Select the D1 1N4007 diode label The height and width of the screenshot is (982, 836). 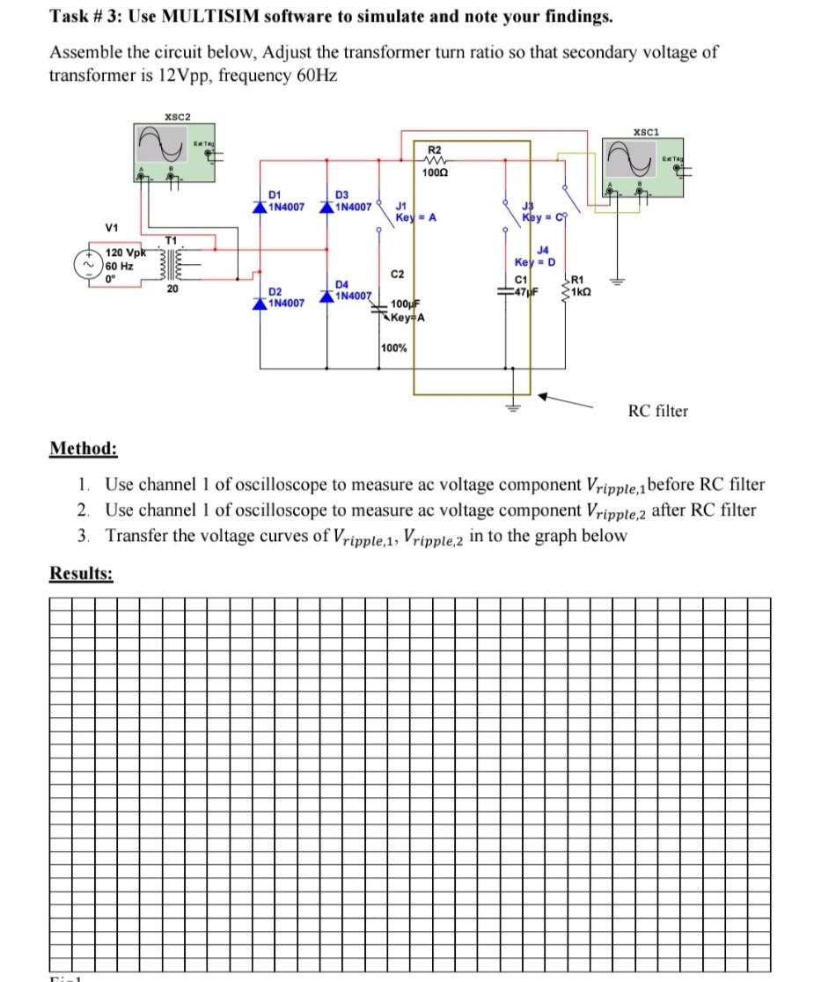point(285,202)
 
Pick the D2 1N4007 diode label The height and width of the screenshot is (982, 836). point(285,297)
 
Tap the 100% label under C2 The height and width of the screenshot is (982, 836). point(394,348)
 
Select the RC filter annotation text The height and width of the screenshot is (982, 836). point(657,411)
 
